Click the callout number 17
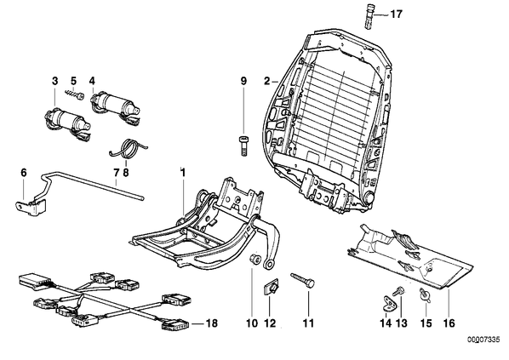pyautogui.click(x=396, y=14)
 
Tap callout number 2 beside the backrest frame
pyautogui.click(x=266, y=81)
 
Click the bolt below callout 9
pyautogui.click(x=244, y=146)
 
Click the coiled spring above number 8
pyautogui.click(x=128, y=148)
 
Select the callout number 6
pyautogui.click(x=23, y=173)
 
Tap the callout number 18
pyautogui.click(x=211, y=323)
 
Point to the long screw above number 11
pyautogui.click(x=302, y=279)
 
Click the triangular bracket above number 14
pyautogui.click(x=387, y=301)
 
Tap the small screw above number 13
pyautogui.click(x=398, y=290)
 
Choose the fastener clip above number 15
pyautogui.click(x=425, y=294)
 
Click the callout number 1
pyautogui.click(x=183, y=173)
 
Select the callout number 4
pyautogui.click(x=93, y=81)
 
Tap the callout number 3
pyautogui.click(x=55, y=81)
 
